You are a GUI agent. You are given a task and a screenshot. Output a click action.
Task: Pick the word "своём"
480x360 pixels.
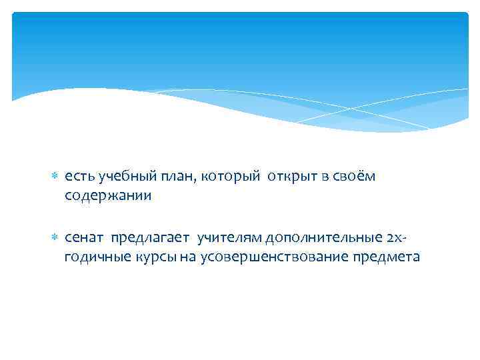(357, 177)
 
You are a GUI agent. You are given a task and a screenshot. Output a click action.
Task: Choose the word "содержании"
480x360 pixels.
(108, 196)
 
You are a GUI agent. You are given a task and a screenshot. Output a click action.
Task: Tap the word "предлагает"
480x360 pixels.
(151, 239)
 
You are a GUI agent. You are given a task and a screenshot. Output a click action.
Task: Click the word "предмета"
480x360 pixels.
(387, 258)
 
